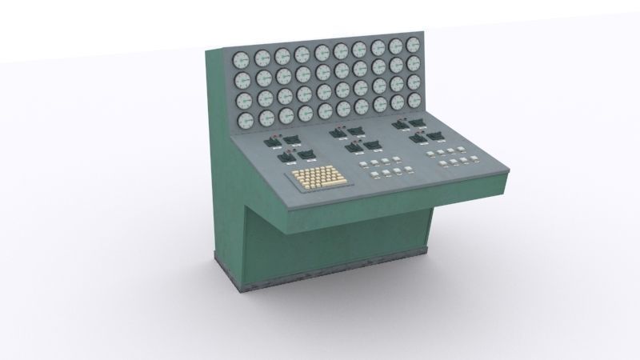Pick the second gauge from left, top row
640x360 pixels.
[x=262, y=57]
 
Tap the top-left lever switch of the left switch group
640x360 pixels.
[x=270, y=142]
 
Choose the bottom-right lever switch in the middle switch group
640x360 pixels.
[x=373, y=145]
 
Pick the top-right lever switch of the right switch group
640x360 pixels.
[x=418, y=122]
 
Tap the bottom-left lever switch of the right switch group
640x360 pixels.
[x=416, y=139]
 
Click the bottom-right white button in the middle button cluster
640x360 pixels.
[x=409, y=169]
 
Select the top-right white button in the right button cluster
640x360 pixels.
[x=463, y=149]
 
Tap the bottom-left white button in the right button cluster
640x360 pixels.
[x=444, y=164]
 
